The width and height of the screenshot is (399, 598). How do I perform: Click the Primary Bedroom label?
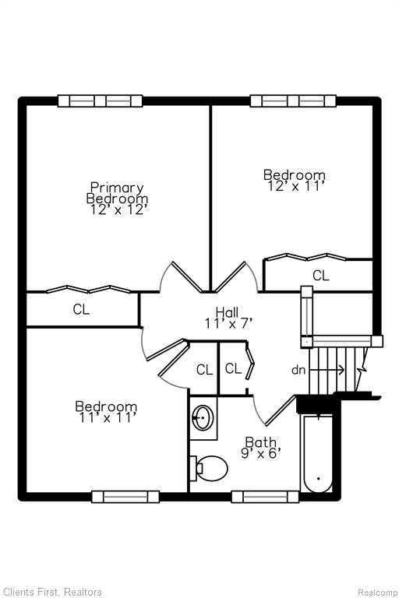(117, 193)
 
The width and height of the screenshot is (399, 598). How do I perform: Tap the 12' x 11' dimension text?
(295, 187)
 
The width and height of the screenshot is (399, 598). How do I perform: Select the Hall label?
(228, 312)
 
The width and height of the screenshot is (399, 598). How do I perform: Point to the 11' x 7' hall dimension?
(228, 323)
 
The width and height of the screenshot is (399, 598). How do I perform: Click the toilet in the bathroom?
(209, 468)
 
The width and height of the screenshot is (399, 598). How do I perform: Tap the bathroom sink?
(203, 417)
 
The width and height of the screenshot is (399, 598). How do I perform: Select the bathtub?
(318, 454)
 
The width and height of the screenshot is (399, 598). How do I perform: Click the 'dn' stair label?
(298, 370)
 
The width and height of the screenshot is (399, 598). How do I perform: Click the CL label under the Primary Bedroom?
(81, 309)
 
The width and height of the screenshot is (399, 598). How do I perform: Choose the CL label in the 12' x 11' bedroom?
(321, 275)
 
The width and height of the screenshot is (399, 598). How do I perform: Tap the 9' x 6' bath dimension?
(261, 453)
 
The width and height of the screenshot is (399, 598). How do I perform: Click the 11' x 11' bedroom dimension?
(108, 417)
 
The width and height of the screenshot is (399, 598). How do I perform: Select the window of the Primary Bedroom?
(100, 101)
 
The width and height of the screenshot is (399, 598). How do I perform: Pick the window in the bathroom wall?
(266, 497)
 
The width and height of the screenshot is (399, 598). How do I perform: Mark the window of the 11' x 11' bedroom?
(125, 497)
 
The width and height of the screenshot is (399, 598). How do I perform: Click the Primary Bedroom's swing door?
(187, 277)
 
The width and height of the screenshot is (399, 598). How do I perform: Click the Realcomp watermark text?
(377, 592)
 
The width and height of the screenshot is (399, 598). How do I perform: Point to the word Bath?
(261, 442)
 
